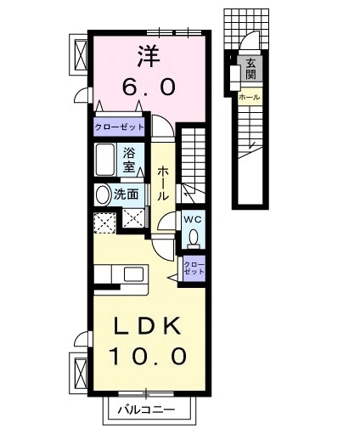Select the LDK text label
[x=149, y=326]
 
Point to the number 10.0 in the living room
[x=149, y=356]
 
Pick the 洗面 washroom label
[x=127, y=194]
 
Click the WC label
[x=192, y=220]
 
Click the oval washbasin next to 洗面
[x=103, y=194]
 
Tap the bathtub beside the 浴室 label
[x=106, y=160]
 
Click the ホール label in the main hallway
[x=163, y=183]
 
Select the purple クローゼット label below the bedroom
[x=119, y=127]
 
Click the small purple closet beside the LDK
[x=194, y=268]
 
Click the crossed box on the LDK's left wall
[x=81, y=371]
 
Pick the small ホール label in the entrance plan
[x=250, y=98]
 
